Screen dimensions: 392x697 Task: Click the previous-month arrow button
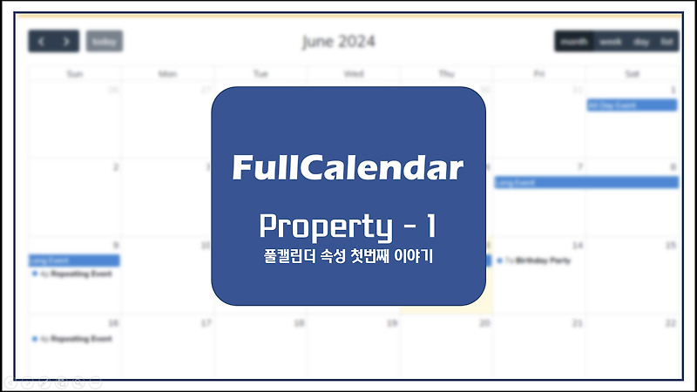41,41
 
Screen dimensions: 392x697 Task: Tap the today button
105,41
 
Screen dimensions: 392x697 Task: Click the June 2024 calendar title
339,41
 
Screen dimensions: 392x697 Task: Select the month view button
574,41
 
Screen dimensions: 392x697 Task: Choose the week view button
611,41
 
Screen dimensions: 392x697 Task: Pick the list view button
667,41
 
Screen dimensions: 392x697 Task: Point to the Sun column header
75,74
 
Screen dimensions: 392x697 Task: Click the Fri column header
539,74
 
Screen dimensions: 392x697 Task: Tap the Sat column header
632,74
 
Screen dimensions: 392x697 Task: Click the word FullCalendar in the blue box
348,167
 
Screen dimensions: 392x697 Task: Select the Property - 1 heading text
348,226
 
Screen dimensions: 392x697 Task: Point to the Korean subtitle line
348,258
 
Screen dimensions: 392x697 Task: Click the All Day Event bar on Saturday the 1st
632,105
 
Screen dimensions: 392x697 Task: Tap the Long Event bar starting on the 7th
586,183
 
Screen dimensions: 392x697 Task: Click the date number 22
670,323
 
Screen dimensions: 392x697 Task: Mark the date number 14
577,246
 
